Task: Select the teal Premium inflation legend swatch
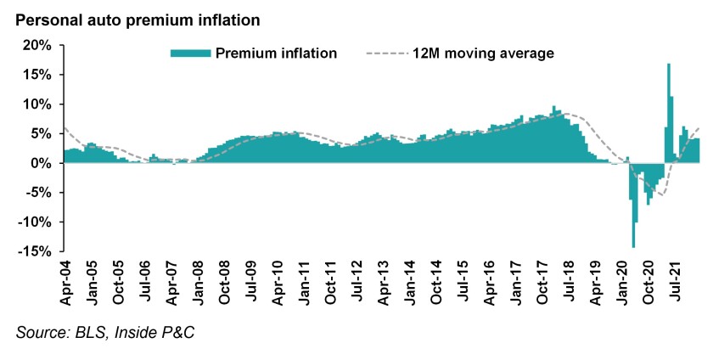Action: point(190,53)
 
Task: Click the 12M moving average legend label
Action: point(483,53)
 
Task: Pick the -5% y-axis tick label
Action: point(41,192)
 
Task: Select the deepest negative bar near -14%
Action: point(633,204)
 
